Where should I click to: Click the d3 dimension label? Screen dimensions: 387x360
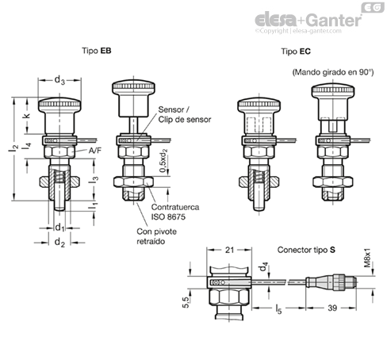click(x=59, y=80)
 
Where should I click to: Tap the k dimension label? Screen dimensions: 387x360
click(x=27, y=116)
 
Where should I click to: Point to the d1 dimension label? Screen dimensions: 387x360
click(x=60, y=228)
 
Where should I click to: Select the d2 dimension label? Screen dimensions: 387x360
click(x=59, y=243)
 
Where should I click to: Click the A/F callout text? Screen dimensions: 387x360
click(x=95, y=151)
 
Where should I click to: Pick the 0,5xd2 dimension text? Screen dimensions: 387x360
click(x=163, y=161)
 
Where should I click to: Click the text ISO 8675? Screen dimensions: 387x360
click(x=168, y=216)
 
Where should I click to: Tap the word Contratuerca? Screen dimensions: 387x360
click(x=175, y=207)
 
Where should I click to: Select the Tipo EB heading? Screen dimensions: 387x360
click(x=97, y=51)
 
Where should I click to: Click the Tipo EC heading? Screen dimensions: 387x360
click(x=296, y=52)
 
